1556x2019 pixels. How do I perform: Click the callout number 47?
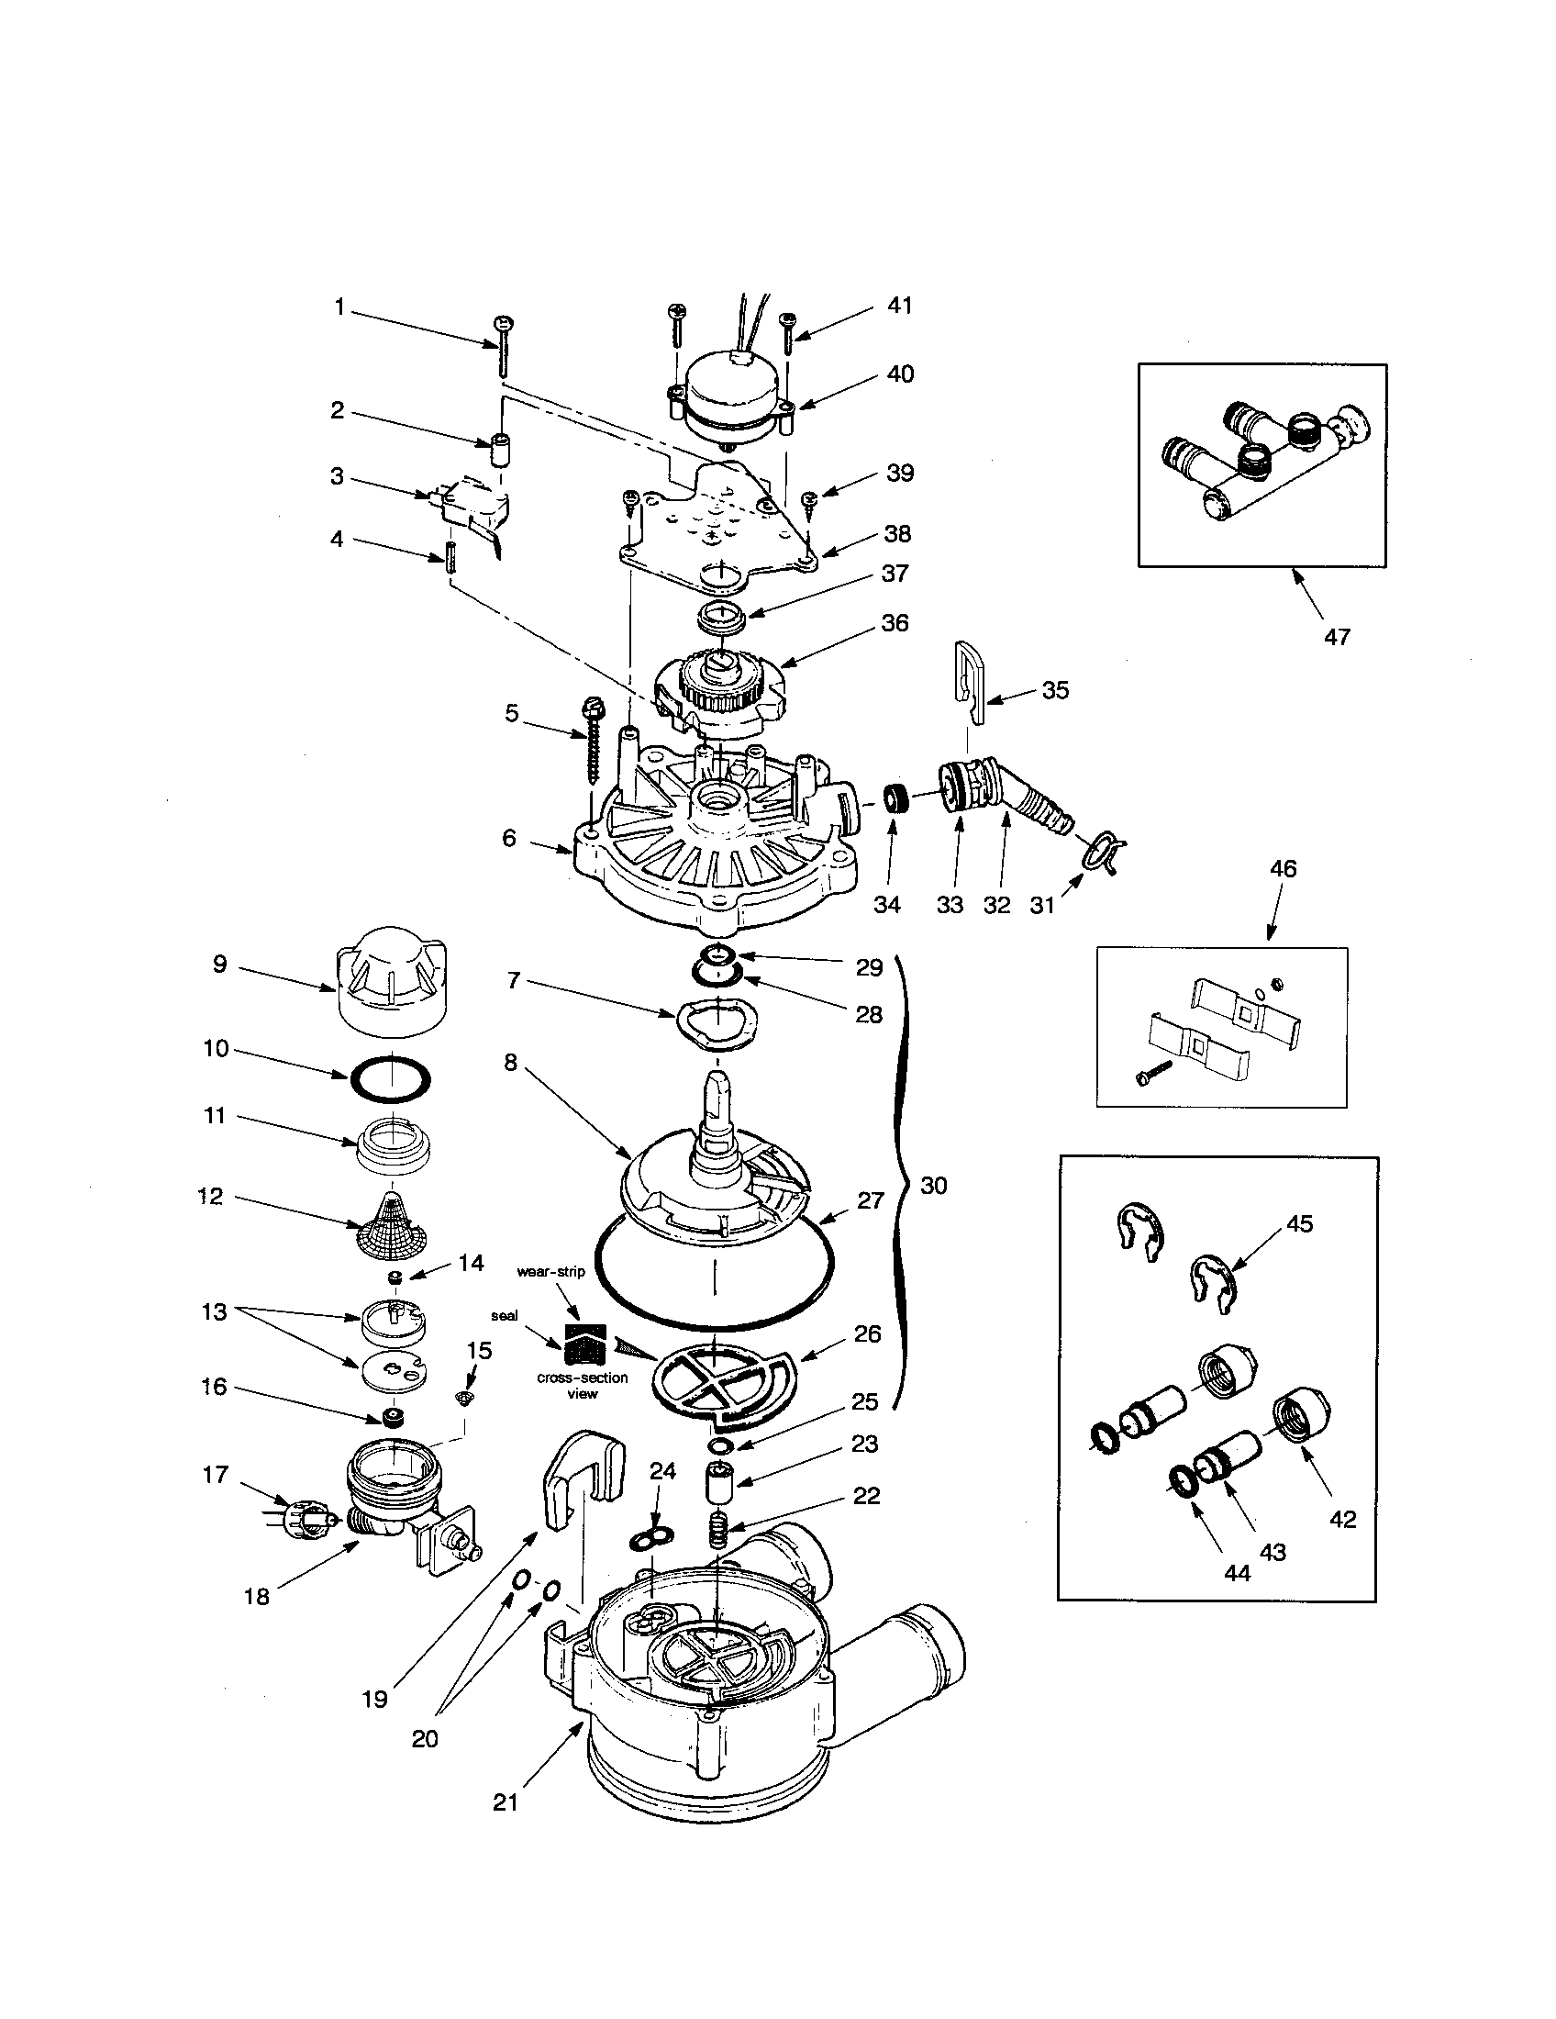(1337, 636)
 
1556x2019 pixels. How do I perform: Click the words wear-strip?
(550, 1271)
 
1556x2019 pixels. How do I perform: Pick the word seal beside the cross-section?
(505, 1315)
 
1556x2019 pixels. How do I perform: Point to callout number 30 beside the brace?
(934, 1185)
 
